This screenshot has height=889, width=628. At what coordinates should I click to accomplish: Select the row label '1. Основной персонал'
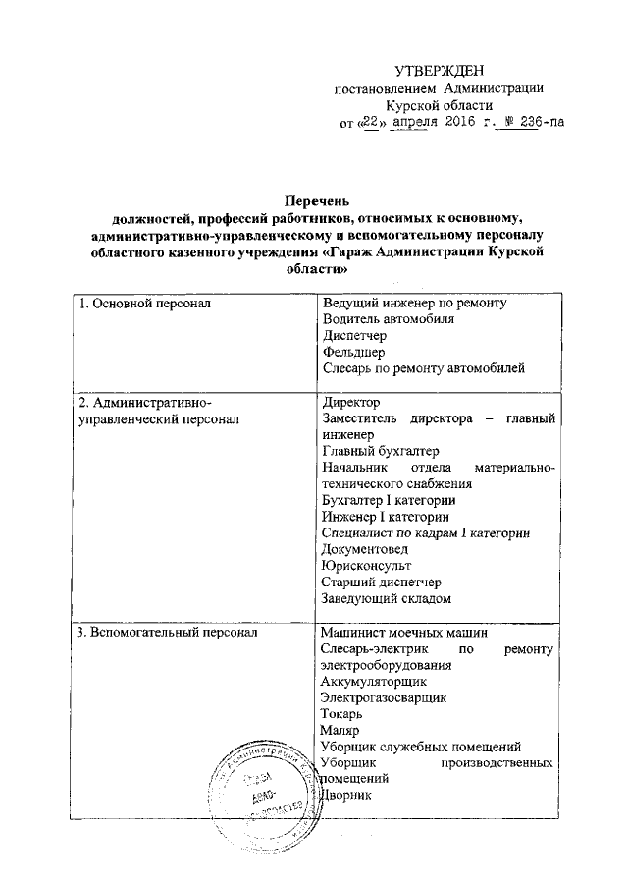click(145, 304)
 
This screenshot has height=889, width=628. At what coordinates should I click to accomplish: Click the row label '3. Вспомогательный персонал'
click(168, 635)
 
